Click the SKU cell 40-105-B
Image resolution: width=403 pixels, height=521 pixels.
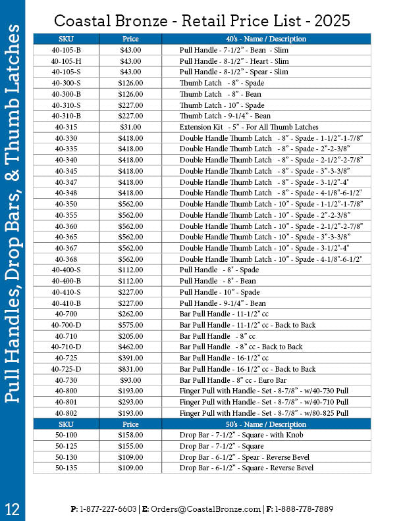(x=66, y=50)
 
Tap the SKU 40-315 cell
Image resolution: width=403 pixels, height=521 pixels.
(x=66, y=127)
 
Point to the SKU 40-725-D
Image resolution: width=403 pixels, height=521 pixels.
(x=66, y=369)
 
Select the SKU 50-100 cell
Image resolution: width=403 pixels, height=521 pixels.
(x=66, y=435)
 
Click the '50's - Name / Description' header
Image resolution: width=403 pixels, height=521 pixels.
(x=266, y=424)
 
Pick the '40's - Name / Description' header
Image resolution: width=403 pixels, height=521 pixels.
(x=266, y=39)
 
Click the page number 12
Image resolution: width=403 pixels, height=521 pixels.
(x=13, y=508)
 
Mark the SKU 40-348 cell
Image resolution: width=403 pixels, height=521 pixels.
(x=66, y=193)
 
